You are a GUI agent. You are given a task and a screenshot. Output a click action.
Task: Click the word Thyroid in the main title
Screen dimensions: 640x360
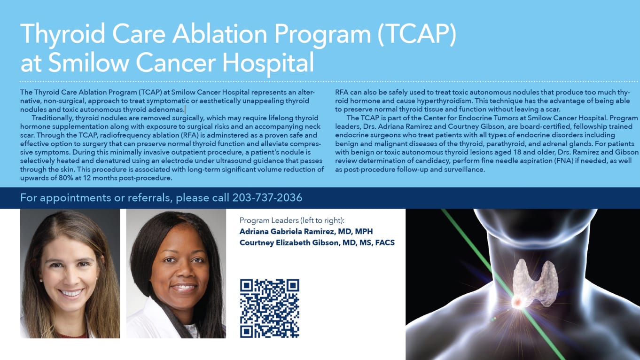(x=63, y=34)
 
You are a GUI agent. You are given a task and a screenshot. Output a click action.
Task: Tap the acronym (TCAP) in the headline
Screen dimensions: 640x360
(x=417, y=34)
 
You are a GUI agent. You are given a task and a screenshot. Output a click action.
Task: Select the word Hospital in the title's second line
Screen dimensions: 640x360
(x=268, y=63)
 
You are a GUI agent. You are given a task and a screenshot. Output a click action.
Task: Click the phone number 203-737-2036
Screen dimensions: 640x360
(x=267, y=198)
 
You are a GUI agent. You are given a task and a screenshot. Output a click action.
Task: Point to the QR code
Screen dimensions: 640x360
(x=269, y=308)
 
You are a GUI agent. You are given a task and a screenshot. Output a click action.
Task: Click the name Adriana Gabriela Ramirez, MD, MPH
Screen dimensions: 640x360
(x=306, y=231)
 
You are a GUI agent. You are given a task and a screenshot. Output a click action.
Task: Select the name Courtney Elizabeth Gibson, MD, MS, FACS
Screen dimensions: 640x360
(x=317, y=243)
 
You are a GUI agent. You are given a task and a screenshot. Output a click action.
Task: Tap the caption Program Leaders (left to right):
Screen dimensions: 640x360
(x=292, y=220)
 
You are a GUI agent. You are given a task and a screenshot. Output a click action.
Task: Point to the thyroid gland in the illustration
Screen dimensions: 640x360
(x=535, y=283)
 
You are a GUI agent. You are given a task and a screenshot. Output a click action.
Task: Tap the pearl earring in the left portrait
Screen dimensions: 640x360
(x=41, y=281)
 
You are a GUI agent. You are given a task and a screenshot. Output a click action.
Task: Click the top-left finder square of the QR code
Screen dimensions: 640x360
(x=247, y=286)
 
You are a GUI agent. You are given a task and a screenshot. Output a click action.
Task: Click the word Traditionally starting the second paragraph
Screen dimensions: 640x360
(x=51, y=118)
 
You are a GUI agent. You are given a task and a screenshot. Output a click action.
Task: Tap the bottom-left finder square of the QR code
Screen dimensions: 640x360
(x=247, y=331)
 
